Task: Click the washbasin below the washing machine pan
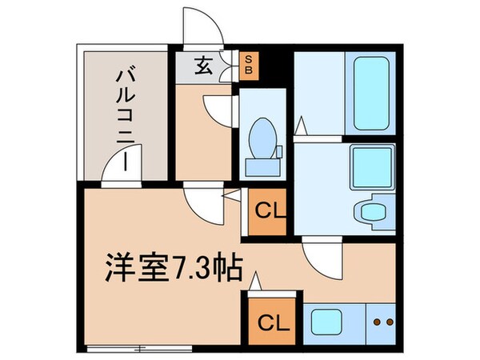coord(370,210)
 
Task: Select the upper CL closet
coord(265,211)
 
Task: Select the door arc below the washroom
coord(325,258)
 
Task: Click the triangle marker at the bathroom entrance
coord(301,126)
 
